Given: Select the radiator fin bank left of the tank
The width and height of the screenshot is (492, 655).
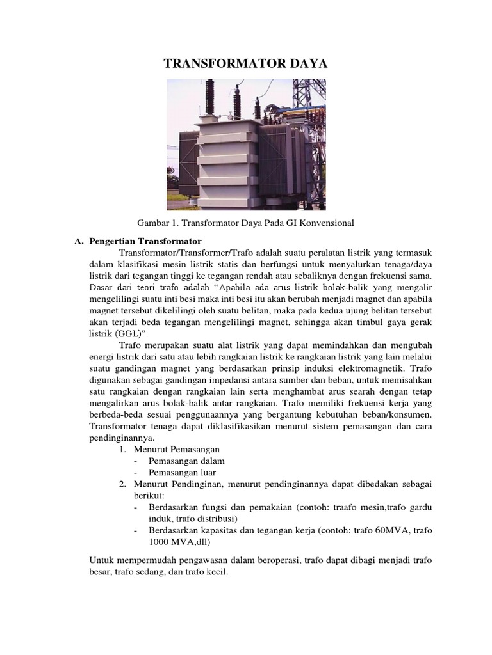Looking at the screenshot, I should tap(182, 160).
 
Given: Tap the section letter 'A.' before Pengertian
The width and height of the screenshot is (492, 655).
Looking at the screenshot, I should tap(79, 241).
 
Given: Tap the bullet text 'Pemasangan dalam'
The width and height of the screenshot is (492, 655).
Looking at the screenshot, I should tap(186, 461).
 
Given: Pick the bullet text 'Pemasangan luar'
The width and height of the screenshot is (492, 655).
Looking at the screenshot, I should tap(182, 473).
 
